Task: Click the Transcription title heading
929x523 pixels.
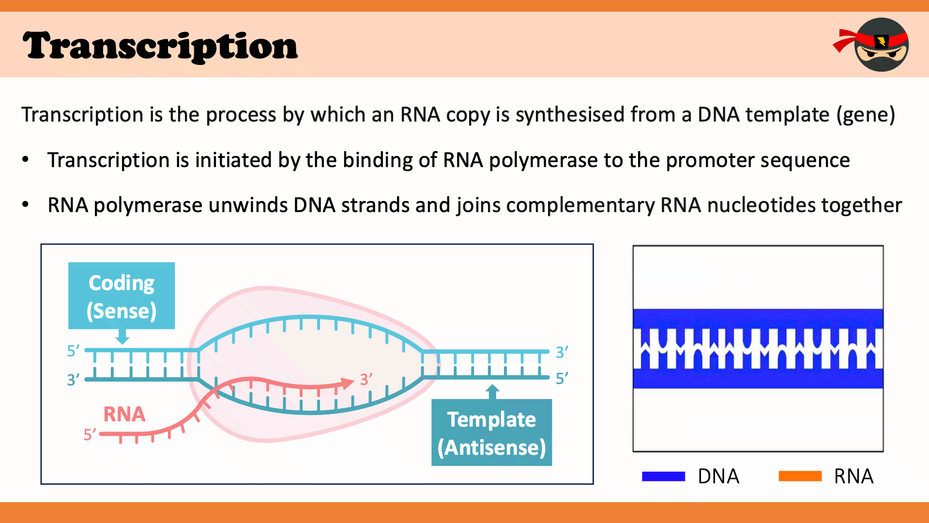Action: click(160, 46)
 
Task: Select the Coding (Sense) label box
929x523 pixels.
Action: click(122, 296)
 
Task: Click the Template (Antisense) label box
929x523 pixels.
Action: click(491, 433)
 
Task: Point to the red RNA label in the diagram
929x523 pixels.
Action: click(124, 415)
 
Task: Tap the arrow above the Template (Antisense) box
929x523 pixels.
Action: click(492, 391)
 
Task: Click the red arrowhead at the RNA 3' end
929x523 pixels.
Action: click(349, 383)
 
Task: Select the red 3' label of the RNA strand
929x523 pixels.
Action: click(366, 379)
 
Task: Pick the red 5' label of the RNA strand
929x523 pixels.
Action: click(90, 434)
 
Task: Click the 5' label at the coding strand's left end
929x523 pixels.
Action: click(73, 351)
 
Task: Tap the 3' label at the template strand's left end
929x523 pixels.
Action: click(73, 380)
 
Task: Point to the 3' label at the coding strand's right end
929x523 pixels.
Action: click(562, 352)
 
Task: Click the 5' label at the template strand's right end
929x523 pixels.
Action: click(562, 378)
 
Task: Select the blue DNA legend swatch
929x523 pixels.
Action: click(663, 477)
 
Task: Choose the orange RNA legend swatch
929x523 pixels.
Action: click(800, 477)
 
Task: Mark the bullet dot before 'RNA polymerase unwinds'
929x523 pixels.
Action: click(26, 205)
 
